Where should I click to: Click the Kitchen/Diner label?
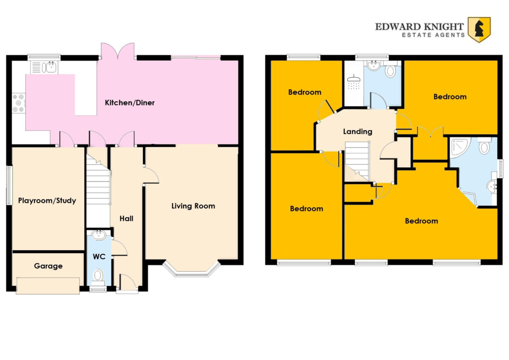[129, 103]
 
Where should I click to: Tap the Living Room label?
[193, 206]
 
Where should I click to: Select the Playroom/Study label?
[47, 201]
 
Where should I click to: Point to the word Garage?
[48, 266]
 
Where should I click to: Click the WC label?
[99, 257]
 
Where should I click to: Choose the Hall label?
[126, 219]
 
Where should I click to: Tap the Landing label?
[358, 132]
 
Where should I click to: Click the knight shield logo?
[479, 30]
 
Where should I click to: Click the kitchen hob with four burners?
[18, 103]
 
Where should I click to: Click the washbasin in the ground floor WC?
[98, 235]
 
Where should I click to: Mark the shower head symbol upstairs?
[354, 82]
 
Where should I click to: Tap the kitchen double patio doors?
[118, 51]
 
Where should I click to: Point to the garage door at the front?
[48, 286]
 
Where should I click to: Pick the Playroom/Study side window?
[9, 185]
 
